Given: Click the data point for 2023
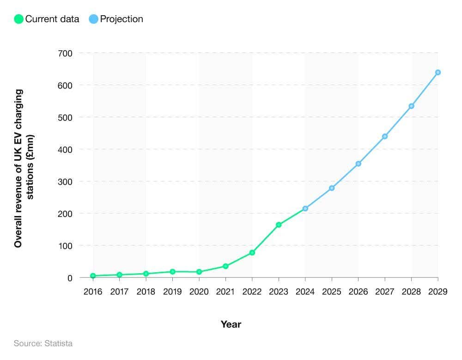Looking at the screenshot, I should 279,225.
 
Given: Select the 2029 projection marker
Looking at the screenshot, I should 438,72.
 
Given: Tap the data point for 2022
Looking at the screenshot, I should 252,252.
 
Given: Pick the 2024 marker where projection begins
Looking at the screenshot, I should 305,209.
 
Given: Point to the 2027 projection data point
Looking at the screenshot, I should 385,136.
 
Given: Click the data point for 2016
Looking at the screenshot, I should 93,276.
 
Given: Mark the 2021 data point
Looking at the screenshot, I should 225,266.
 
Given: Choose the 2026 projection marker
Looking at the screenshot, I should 358,163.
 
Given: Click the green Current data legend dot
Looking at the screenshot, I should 19,19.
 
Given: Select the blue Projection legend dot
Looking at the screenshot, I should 94,19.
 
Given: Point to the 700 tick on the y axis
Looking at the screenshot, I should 65,53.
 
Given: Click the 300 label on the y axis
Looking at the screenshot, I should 65,181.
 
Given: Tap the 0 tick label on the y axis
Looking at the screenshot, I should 69,278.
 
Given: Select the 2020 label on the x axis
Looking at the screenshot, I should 199,292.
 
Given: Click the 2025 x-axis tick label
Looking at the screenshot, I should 332,292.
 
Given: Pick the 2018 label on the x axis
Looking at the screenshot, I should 146,292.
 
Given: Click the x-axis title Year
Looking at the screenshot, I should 231,324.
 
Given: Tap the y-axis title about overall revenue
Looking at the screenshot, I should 24,168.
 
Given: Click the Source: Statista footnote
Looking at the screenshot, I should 43,343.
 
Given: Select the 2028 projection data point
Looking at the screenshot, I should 411,106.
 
